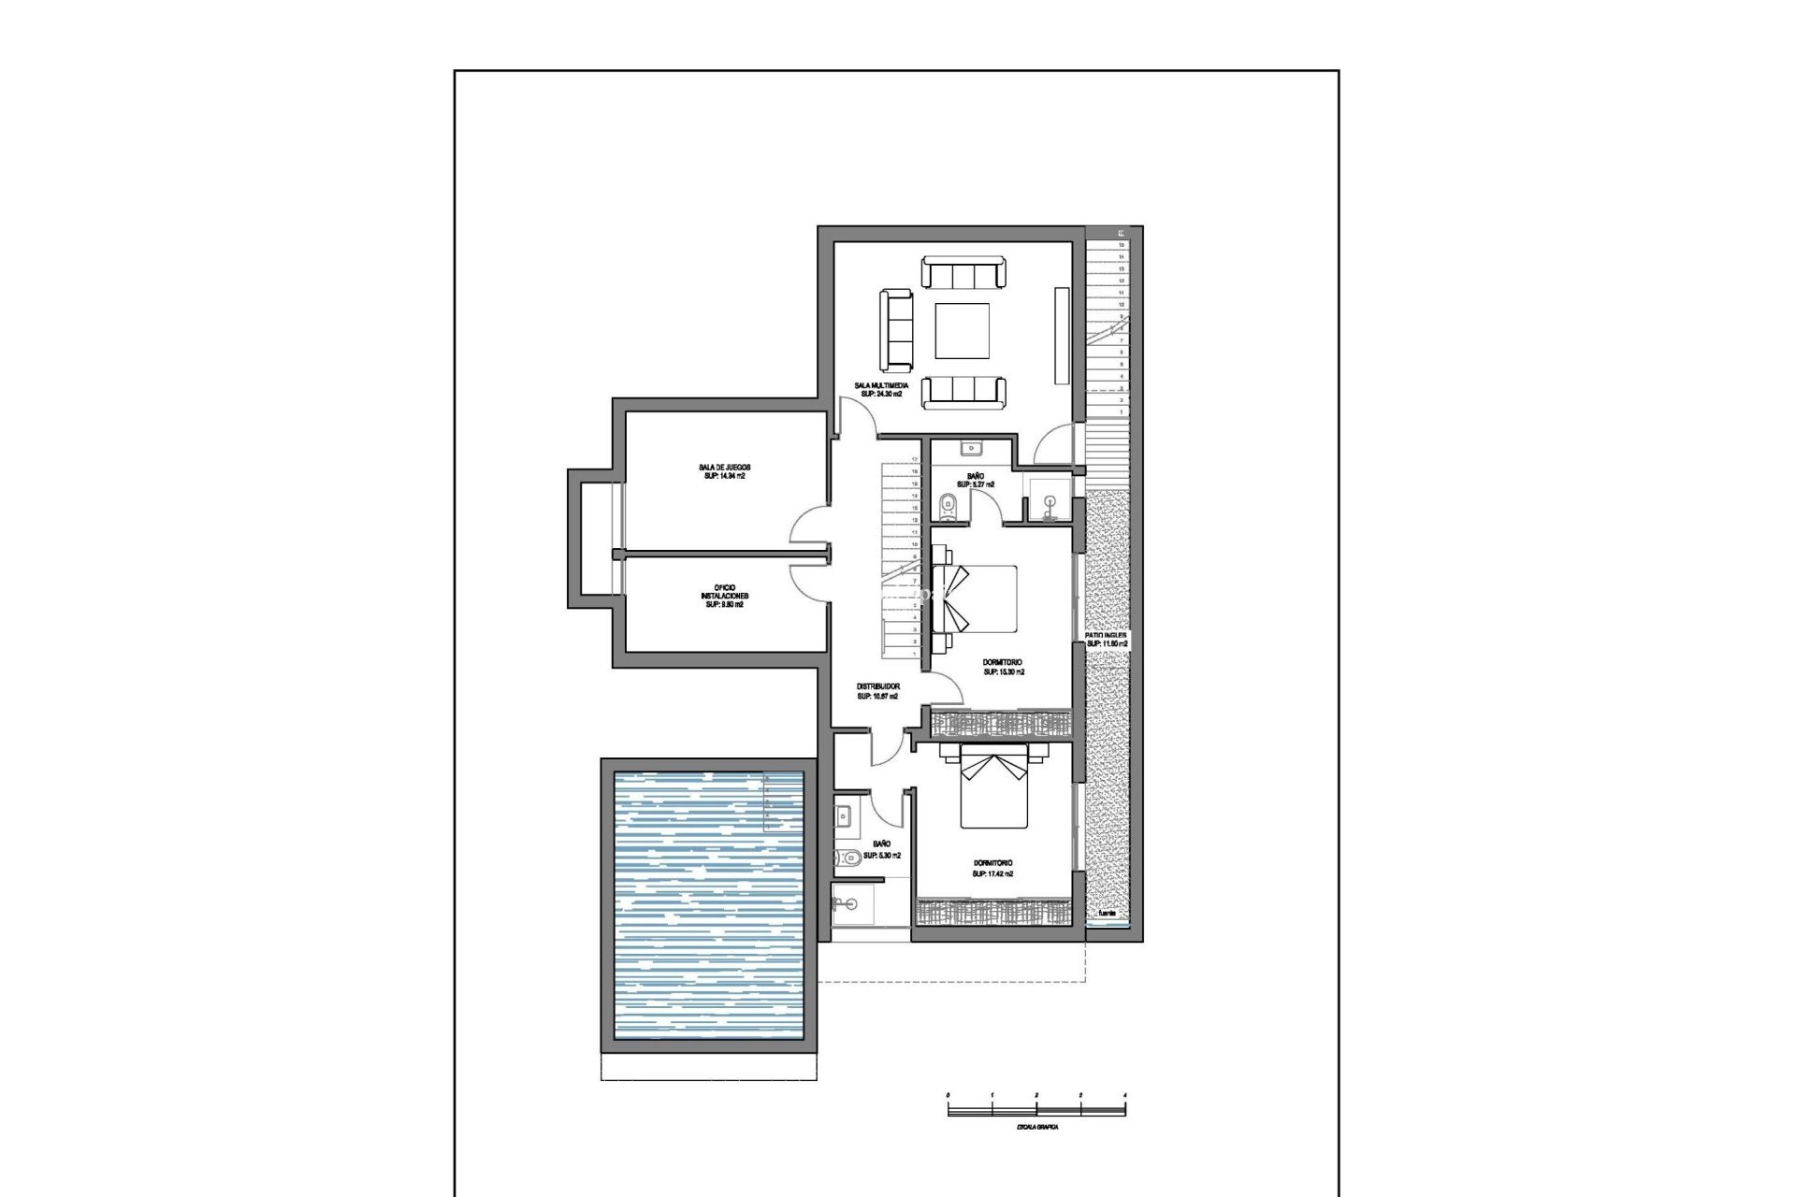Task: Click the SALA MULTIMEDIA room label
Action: coord(880,384)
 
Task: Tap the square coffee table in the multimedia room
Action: coord(963,330)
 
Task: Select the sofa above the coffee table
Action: coord(963,274)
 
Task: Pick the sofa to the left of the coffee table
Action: coord(896,329)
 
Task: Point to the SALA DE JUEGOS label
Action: coord(724,467)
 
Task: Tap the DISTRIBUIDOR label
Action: coord(877,686)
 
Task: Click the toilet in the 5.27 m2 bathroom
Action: coord(948,506)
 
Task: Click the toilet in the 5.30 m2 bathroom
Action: coord(849,857)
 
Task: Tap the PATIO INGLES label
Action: coord(1106,635)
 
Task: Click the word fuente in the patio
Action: coord(1107,912)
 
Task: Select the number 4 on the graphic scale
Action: coord(1124,1094)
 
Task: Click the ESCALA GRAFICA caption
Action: coord(1036,1127)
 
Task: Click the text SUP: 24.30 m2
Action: coord(880,395)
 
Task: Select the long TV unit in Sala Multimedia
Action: coord(1061,334)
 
